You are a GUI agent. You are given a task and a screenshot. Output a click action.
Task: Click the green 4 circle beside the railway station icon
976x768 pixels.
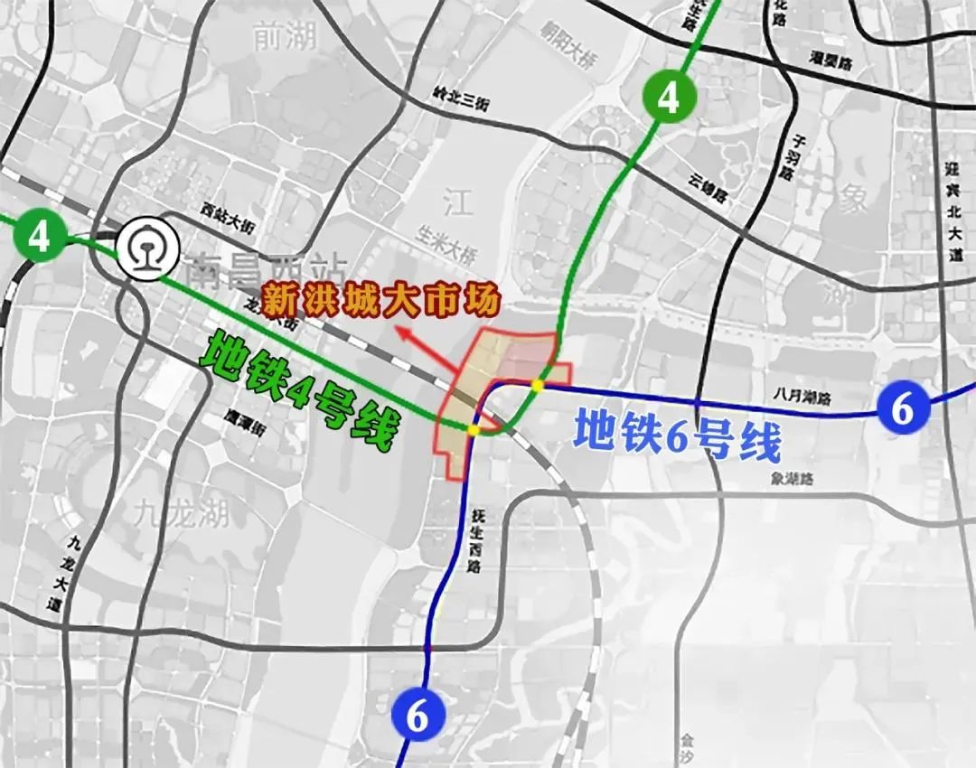tap(39, 237)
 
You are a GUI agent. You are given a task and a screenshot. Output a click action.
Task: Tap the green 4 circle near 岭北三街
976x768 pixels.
tap(667, 98)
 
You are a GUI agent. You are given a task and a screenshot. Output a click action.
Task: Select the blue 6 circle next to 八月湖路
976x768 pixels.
tap(902, 409)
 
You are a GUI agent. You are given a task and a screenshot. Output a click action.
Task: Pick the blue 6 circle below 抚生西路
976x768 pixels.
tap(418, 716)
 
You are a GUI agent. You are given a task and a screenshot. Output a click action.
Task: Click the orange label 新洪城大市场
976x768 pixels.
tap(380, 301)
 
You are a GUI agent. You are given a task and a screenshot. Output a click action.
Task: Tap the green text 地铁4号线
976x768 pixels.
tap(299, 391)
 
